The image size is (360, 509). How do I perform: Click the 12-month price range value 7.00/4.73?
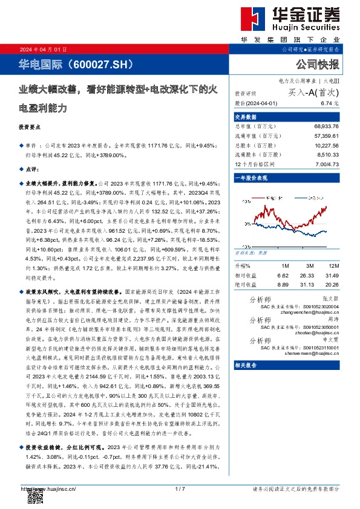click(327, 163)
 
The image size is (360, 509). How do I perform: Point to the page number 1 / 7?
click(179, 488)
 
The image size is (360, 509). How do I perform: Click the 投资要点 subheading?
click(30, 128)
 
